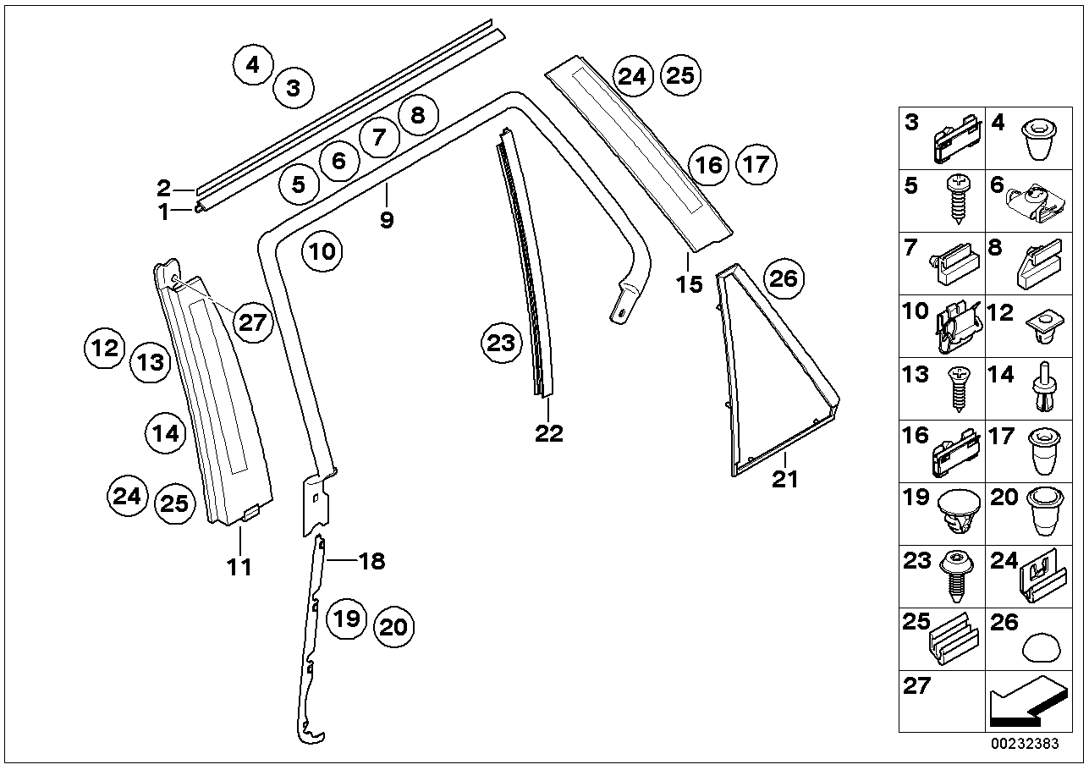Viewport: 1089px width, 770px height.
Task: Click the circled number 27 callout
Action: [251, 322]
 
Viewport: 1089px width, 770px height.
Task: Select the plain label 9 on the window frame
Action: [387, 219]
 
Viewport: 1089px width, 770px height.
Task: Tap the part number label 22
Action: [548, 433]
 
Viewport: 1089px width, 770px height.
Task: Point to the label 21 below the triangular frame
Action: [784, 480]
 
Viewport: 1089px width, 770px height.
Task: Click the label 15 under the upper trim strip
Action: [690, 283]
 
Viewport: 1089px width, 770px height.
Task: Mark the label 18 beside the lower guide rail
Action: [371, 560]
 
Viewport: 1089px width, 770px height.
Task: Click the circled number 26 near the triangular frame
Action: [784, 278]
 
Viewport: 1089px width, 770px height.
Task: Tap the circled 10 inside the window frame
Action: [323, 251]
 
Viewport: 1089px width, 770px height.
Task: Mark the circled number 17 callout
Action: [756, 164]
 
